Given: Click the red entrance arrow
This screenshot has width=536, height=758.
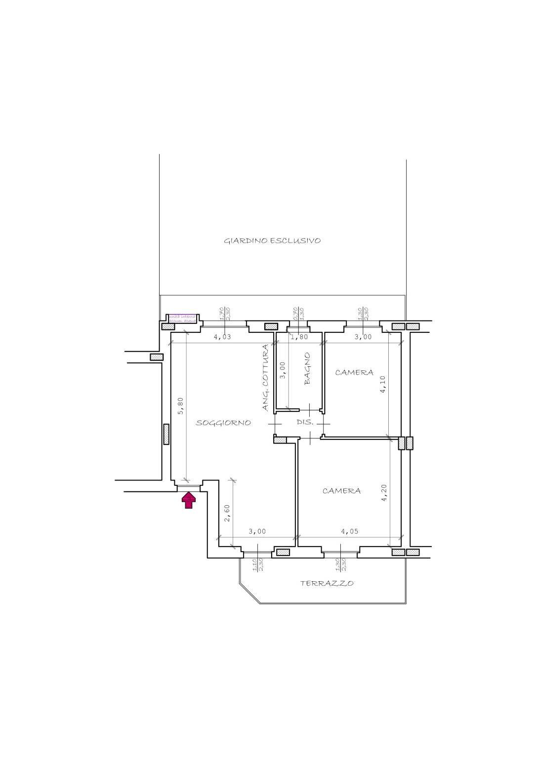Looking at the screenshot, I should [189, 500].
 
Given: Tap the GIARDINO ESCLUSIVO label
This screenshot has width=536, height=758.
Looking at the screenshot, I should [272, 241].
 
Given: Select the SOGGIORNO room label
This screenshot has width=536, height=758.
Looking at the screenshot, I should [223, 423].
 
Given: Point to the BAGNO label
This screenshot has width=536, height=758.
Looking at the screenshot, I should [308, 368].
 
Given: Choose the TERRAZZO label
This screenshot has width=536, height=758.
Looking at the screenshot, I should [327, 583].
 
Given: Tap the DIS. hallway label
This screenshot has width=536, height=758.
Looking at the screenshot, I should [305, 422].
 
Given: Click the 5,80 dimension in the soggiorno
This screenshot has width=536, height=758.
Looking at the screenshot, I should [181, 406].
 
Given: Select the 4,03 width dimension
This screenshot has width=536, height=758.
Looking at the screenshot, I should [222, 337].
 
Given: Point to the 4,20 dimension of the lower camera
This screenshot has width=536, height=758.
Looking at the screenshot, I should [384, 492].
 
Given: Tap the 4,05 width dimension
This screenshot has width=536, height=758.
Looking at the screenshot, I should [350, 532].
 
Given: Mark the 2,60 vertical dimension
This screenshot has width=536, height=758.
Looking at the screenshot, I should [227, 514].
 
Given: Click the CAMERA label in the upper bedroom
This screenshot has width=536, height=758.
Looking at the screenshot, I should [354, 372].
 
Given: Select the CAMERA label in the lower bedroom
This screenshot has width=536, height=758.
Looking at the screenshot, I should [341, 491].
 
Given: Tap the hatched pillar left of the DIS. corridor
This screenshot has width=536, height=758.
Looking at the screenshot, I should [280, 439].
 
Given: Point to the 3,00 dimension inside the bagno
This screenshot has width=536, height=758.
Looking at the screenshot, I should [283, 370].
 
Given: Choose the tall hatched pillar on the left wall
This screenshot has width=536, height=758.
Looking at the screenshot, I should [166, 434].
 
